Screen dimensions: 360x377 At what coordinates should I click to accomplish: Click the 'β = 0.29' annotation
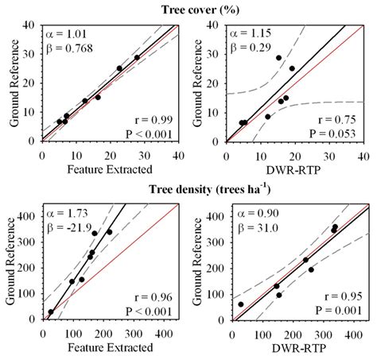(247, 48)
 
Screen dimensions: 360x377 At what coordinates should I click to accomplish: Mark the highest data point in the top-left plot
(137, 57)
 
